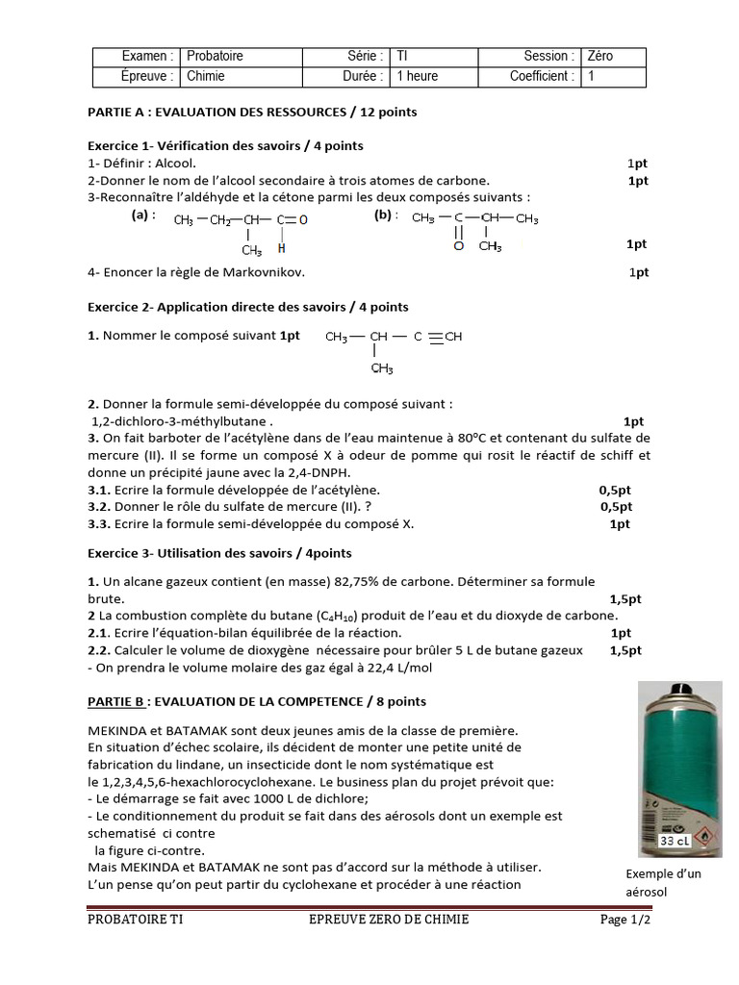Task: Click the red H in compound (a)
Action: click(x=281, y=247)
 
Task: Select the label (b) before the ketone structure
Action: click(x=386, y=215)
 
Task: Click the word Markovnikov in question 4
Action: click(x=265, y=272)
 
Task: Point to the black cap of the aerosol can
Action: click(x=684, y=693)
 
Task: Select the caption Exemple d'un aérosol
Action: click(x=664, y=882)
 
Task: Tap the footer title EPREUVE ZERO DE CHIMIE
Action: click(x=384, y=920)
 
